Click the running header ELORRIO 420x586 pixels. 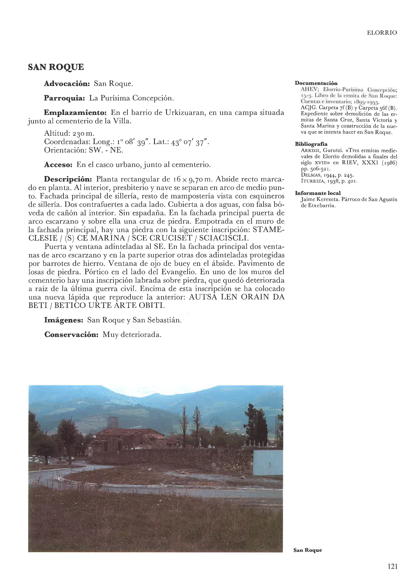pos(382,33)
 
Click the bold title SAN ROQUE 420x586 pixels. pos(56,67)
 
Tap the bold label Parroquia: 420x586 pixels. pos(64,98)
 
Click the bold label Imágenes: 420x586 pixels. pos(64,320)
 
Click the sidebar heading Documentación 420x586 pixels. pos(316,83)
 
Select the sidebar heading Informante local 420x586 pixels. pos(318,193)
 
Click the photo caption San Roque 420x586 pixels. pos(307,550)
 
